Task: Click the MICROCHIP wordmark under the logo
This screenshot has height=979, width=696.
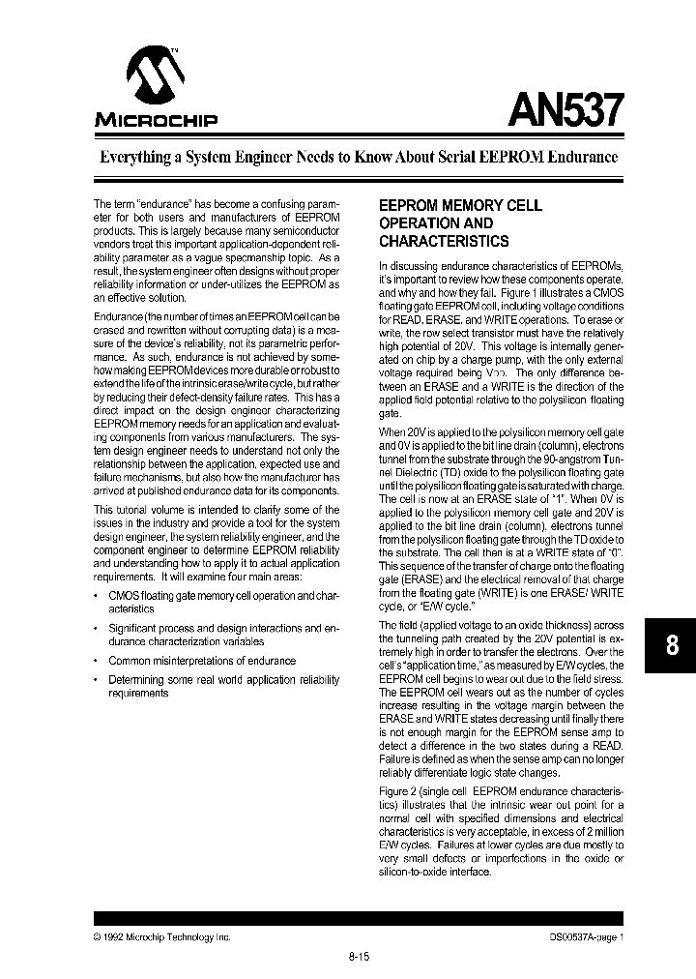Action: tap(156, 121)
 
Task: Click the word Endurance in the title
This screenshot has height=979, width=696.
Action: tap(580, 157)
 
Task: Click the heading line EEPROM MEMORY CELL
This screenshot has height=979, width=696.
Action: tap(459, 206)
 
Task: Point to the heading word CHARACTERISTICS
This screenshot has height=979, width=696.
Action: tap(443, 241)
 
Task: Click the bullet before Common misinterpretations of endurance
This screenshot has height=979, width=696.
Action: tap(98, 661)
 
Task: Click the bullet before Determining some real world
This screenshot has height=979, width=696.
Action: tap(98, 680)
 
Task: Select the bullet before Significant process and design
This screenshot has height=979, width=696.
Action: tap(98, 629)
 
